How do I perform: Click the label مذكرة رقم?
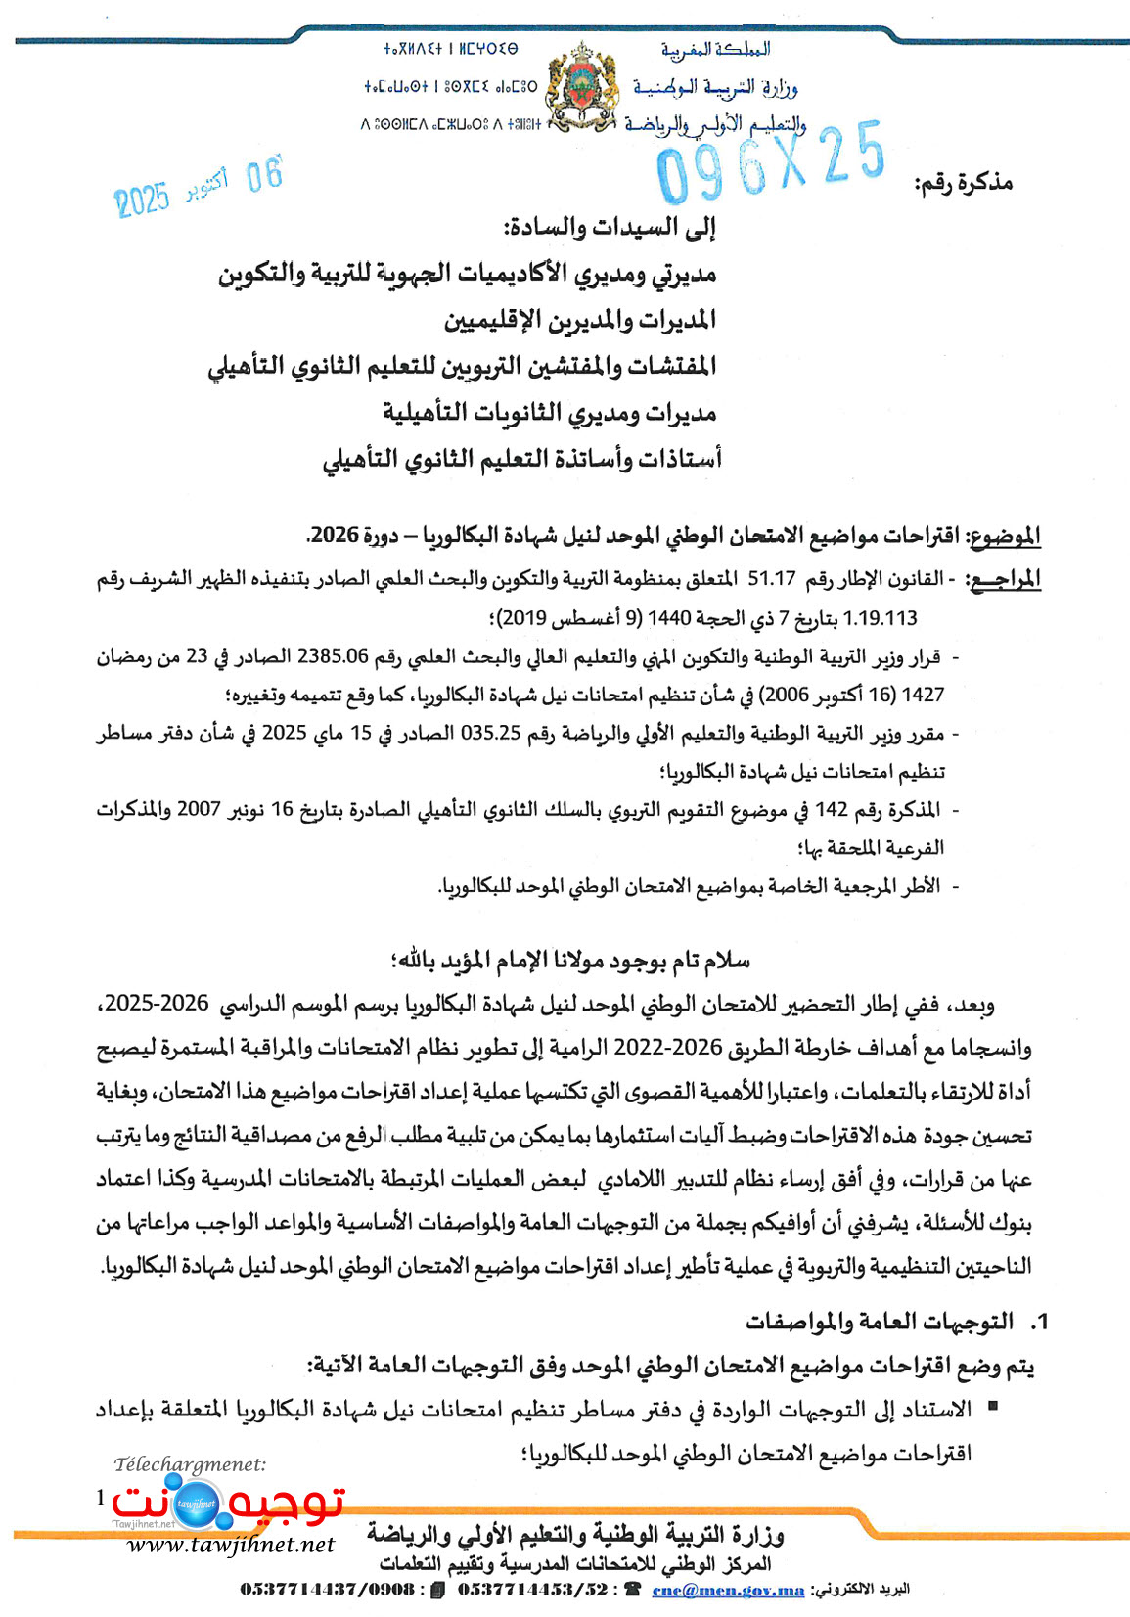pos(963,183)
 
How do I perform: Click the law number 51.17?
pos(772,579)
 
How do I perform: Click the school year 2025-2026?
pos(158,1004)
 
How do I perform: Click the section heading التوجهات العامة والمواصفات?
pos(879,1322)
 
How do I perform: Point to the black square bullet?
pos(993,1406)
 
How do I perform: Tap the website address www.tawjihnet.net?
pos(231,1545)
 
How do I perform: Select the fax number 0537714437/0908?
pos(327,1591)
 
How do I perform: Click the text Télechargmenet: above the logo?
pos(190,1464)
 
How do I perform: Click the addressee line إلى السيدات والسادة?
pos(610,229)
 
